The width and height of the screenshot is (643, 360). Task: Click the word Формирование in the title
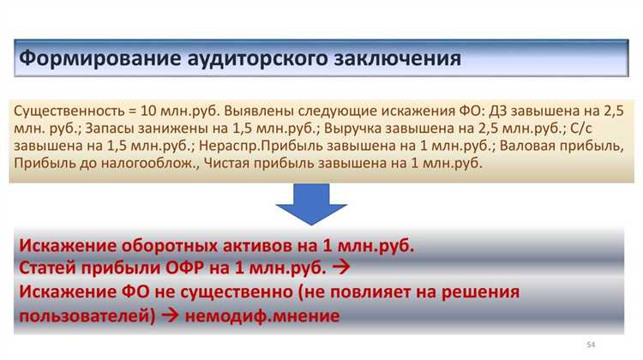(96, 59)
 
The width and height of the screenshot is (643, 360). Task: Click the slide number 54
(590, 344)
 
